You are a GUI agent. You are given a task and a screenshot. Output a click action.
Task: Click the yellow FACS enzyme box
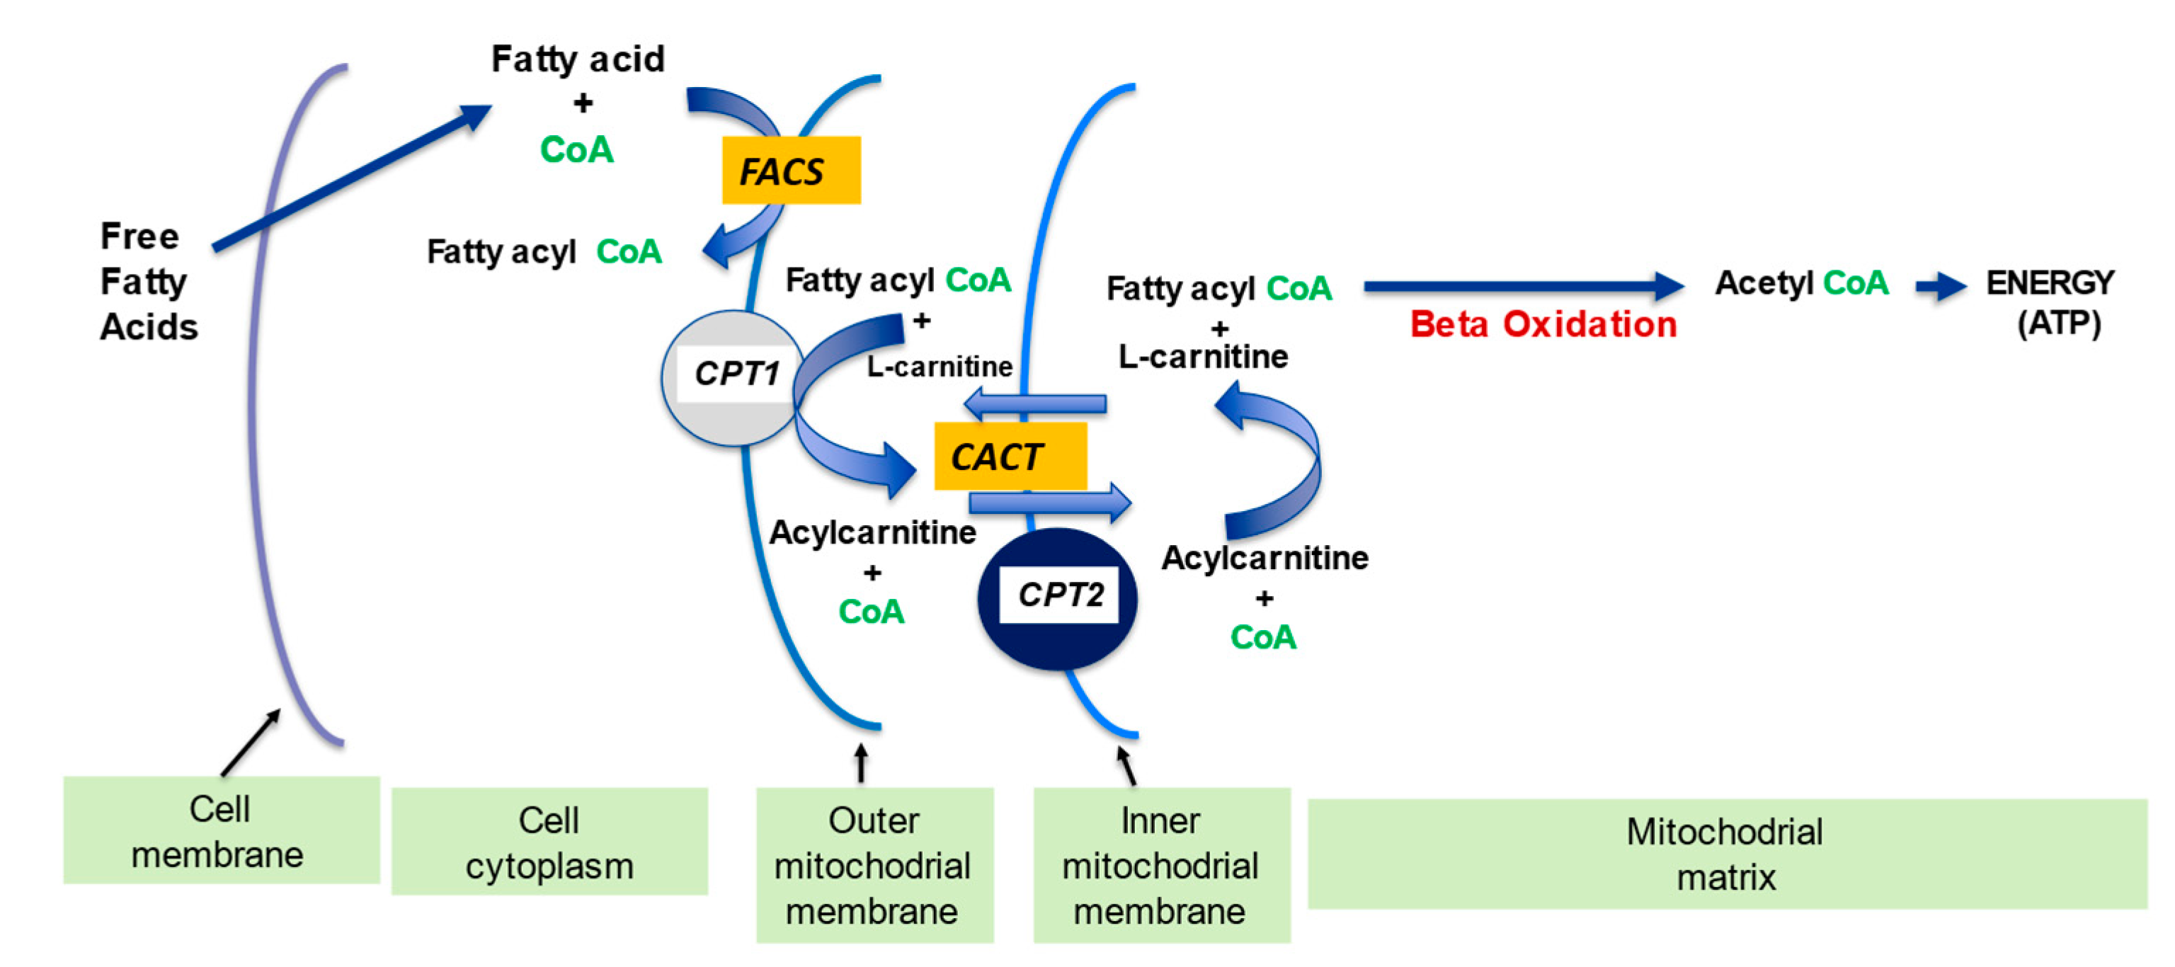[x=790, y=170]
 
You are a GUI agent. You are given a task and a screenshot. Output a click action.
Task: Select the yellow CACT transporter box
[x=1009, y=456]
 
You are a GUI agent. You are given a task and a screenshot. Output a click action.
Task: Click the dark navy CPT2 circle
[x=1057, y=599]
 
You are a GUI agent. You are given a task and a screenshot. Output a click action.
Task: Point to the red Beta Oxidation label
[x=1542, y=324]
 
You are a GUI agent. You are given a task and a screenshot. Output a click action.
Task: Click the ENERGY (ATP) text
[x=2050, y=302]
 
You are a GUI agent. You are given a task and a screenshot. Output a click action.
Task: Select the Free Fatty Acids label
[x=148, y=281]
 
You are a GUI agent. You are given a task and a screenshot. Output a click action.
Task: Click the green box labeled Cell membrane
[x=220, y=830]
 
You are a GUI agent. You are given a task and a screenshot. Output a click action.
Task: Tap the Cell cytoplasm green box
[x=549, y=841]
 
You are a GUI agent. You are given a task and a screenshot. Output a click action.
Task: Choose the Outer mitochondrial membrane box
[x=874, y=865]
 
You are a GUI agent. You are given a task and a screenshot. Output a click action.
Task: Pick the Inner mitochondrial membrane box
[x=1161, y=865]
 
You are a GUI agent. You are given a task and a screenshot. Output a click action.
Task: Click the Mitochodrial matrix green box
[x=1726, y=854]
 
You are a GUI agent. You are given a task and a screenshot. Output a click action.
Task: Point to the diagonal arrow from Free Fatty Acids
[x=350, y=178]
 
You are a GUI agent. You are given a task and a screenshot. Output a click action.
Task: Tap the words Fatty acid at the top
[x=578, y=59]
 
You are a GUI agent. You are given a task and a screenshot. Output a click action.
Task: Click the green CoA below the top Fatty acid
[x=577, y=149]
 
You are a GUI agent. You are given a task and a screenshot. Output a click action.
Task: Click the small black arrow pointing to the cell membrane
[x=251, y=741]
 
